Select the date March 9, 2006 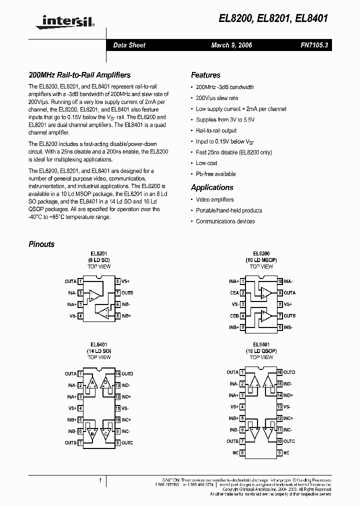point(231,45)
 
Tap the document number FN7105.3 point(314,45)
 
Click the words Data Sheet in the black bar point(129,45)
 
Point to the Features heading point(205,75)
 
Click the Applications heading point(212,187)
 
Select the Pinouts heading point(41,244)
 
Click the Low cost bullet point(206,163)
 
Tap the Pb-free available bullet point(215,174)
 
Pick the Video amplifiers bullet point(215,199)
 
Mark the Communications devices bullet point(225,221)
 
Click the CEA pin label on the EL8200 point(234,293)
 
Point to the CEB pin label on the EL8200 point(234,316)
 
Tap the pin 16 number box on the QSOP point(280,372)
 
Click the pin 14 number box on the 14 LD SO point(117,374)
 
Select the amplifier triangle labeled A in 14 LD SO point(91,384)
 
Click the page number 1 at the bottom point(100,480)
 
